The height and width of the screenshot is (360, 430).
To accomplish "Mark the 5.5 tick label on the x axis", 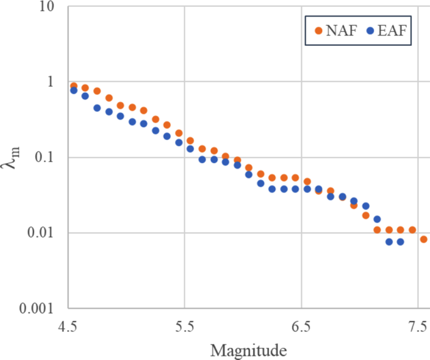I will click(x=184, y=327).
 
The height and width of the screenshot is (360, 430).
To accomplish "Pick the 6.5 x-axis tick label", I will click(x=302, y=327).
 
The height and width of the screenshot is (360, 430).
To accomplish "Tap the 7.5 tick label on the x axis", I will click(x=417, y=327).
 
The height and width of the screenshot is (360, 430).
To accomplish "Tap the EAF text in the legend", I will click(x=394, y=29).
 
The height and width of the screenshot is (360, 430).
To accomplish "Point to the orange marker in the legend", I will click(x=317, y=29).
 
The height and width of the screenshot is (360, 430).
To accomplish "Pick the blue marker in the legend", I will click(x=370, y=29).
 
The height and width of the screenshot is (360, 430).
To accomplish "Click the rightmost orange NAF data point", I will click(x=424, y=239).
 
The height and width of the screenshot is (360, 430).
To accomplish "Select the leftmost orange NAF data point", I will click(x=73, y=86).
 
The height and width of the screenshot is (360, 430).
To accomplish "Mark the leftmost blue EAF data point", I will click(x=73, y=90).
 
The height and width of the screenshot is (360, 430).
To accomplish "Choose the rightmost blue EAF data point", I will click(x=400, y=242).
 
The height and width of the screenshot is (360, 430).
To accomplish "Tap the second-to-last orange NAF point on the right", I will click(x=412, y=230).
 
